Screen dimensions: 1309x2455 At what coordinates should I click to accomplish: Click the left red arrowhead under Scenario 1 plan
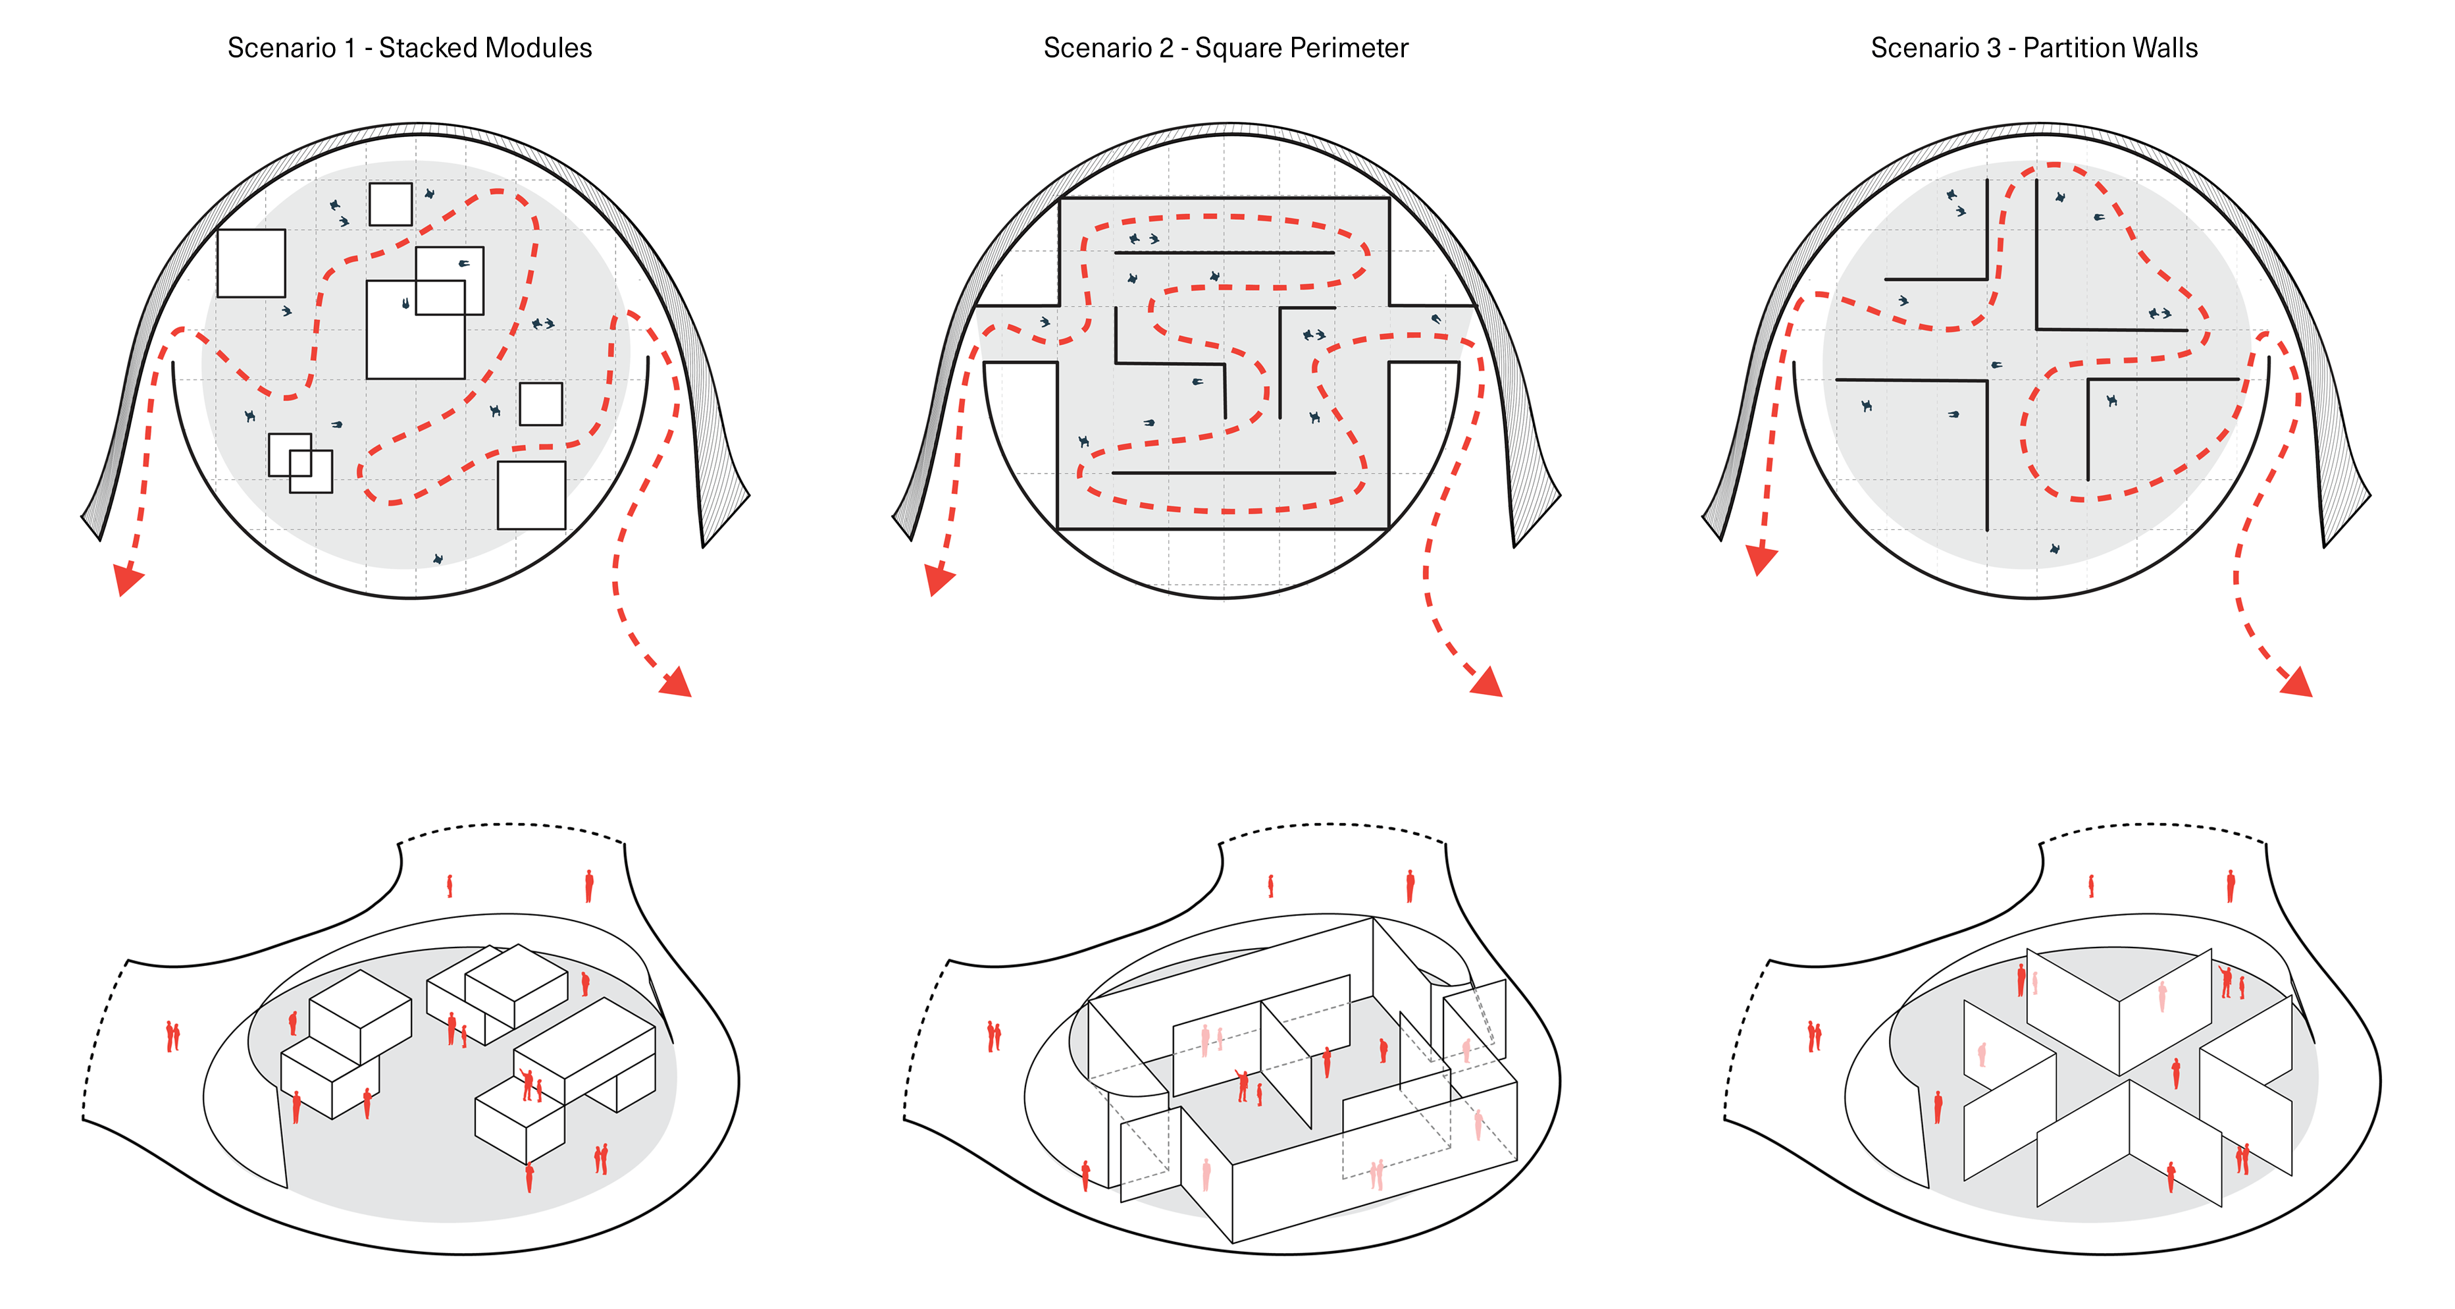click(x=127, y=579)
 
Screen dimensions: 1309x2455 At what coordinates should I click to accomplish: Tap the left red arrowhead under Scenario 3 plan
click(x=1761, y=560)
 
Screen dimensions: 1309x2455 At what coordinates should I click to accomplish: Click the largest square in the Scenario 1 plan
click(x=415, y=330)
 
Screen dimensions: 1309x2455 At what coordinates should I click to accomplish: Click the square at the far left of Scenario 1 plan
click(x=251, y=263)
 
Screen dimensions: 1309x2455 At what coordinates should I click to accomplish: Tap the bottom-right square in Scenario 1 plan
click(x=532, y=494)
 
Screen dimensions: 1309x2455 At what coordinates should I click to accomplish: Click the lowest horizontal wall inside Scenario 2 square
click(x=1224, y=473)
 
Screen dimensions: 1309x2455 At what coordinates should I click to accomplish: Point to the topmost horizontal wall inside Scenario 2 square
click(x=1224, y=253)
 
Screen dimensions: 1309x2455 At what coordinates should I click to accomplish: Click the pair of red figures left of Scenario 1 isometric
click(x=172, y=1036)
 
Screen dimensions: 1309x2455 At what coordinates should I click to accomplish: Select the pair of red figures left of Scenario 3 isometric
click(x=1814, y=1036)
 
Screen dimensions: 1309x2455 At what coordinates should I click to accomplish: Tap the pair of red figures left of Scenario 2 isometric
click(x=993, y=1036)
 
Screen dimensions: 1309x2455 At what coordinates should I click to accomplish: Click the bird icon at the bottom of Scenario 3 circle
click(x=2055, y=549)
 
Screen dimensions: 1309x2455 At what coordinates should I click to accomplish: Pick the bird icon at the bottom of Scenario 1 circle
click(x=438, y=558)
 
